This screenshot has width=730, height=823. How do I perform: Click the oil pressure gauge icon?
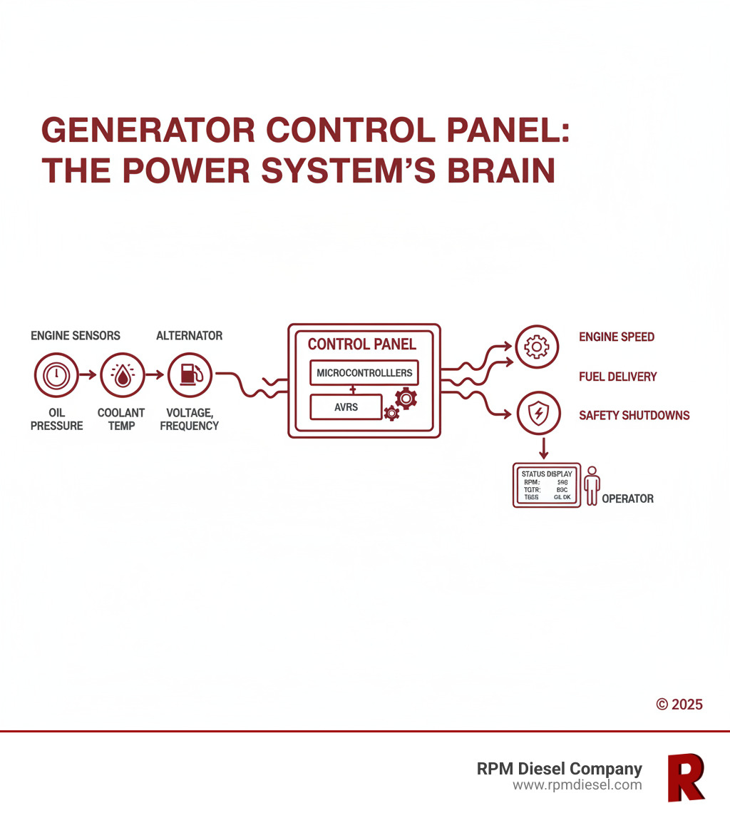[55, 374]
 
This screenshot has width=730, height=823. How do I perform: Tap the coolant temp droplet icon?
[123, 374]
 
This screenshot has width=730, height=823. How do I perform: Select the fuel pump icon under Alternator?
[190, 374]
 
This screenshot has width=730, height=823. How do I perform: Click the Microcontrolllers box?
[364, 373]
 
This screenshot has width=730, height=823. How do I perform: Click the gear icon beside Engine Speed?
[536, 347]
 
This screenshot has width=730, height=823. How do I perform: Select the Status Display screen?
[547, 485]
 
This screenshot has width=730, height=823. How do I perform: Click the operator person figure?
[592, 486]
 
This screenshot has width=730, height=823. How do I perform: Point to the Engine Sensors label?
[76, 335]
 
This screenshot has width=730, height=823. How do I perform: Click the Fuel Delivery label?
[617, 377]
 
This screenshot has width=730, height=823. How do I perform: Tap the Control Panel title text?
[361, 344]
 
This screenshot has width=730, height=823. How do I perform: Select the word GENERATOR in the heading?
[147, 131]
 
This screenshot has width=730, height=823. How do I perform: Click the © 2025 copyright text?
[679, 705]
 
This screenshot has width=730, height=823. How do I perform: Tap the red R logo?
[685, 777]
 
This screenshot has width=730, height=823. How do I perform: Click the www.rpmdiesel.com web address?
[577, 785]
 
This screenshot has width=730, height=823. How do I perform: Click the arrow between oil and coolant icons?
[88, 374]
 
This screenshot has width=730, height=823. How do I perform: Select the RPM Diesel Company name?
[559, 769]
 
